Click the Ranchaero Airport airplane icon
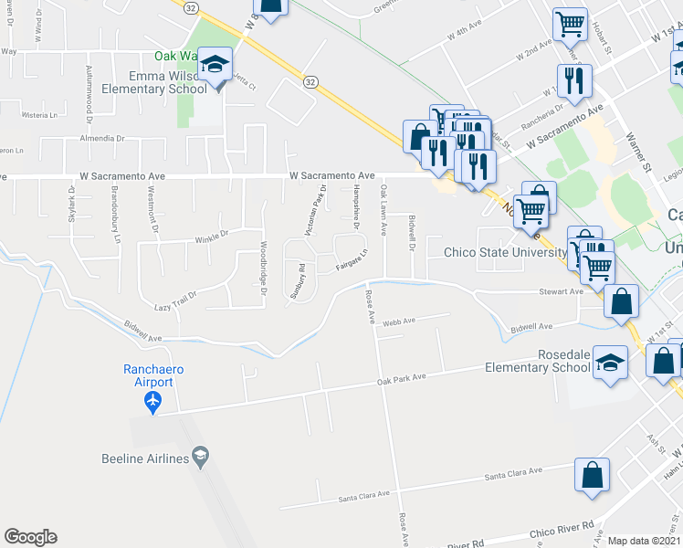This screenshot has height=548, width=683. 152,400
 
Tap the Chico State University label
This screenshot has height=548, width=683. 505,253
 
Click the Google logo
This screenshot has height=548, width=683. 30,537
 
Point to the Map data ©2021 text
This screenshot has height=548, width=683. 644,541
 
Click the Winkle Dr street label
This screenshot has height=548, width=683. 210,234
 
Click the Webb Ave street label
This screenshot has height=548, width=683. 399,321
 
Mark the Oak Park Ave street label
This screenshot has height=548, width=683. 402,377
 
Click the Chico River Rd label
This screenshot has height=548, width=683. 562,532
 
